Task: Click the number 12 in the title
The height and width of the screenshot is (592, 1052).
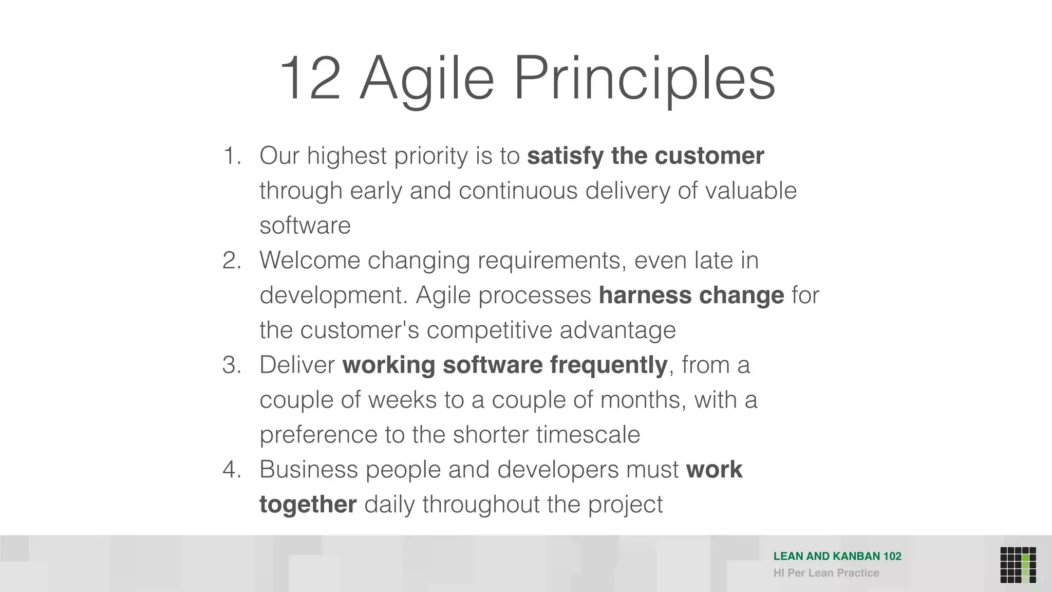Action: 310,79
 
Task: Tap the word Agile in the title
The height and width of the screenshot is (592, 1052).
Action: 426,79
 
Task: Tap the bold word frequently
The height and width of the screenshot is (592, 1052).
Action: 608,365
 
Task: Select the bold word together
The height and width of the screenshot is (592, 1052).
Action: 308,504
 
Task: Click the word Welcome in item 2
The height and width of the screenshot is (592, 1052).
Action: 310,261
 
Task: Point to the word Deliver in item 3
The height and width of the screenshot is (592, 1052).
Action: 297,365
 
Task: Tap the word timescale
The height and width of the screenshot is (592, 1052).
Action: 588,435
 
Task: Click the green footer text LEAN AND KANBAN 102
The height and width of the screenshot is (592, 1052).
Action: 837,556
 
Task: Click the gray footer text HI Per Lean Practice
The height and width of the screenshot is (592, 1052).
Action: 826,573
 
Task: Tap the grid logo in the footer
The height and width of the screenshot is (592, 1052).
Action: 1018,565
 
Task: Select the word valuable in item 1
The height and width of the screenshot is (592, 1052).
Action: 750,191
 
